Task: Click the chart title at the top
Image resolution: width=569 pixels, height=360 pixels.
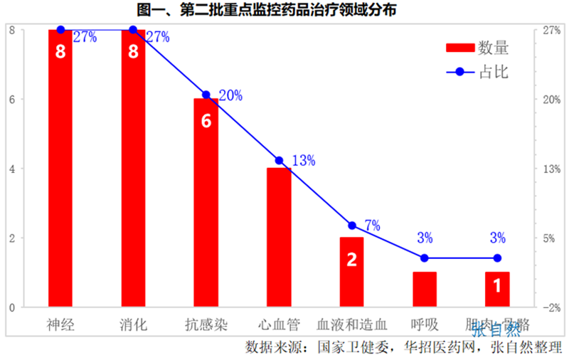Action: click(284, 10)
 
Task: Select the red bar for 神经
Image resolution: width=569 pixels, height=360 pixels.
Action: click(60, 171)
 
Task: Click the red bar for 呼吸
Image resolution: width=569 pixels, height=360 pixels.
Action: click(425, 290)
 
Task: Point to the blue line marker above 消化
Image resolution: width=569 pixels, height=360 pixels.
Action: click(133, 30)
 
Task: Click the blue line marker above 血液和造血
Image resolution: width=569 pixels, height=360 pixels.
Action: click(352, 226)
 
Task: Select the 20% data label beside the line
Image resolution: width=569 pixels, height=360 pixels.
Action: click(230, 95)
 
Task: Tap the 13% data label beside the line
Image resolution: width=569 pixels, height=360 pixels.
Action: click(303, 161)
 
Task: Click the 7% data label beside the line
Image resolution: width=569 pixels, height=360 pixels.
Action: click(372, 226)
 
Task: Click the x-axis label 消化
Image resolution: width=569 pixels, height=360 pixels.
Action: click(133, 325)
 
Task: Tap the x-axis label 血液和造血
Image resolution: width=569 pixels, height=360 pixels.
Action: click(351, 325)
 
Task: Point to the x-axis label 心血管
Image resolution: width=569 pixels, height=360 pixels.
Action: click(279, 325)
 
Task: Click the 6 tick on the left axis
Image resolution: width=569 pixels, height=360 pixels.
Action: click(12, 100)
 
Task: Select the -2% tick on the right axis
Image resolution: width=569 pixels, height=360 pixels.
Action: click(553, 307)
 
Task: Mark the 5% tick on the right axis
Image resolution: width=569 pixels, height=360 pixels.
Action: click(553, 238)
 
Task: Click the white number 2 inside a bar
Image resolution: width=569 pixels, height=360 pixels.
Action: click(351, 260)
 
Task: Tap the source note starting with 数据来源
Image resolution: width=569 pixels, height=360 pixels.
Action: click(403, 348)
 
